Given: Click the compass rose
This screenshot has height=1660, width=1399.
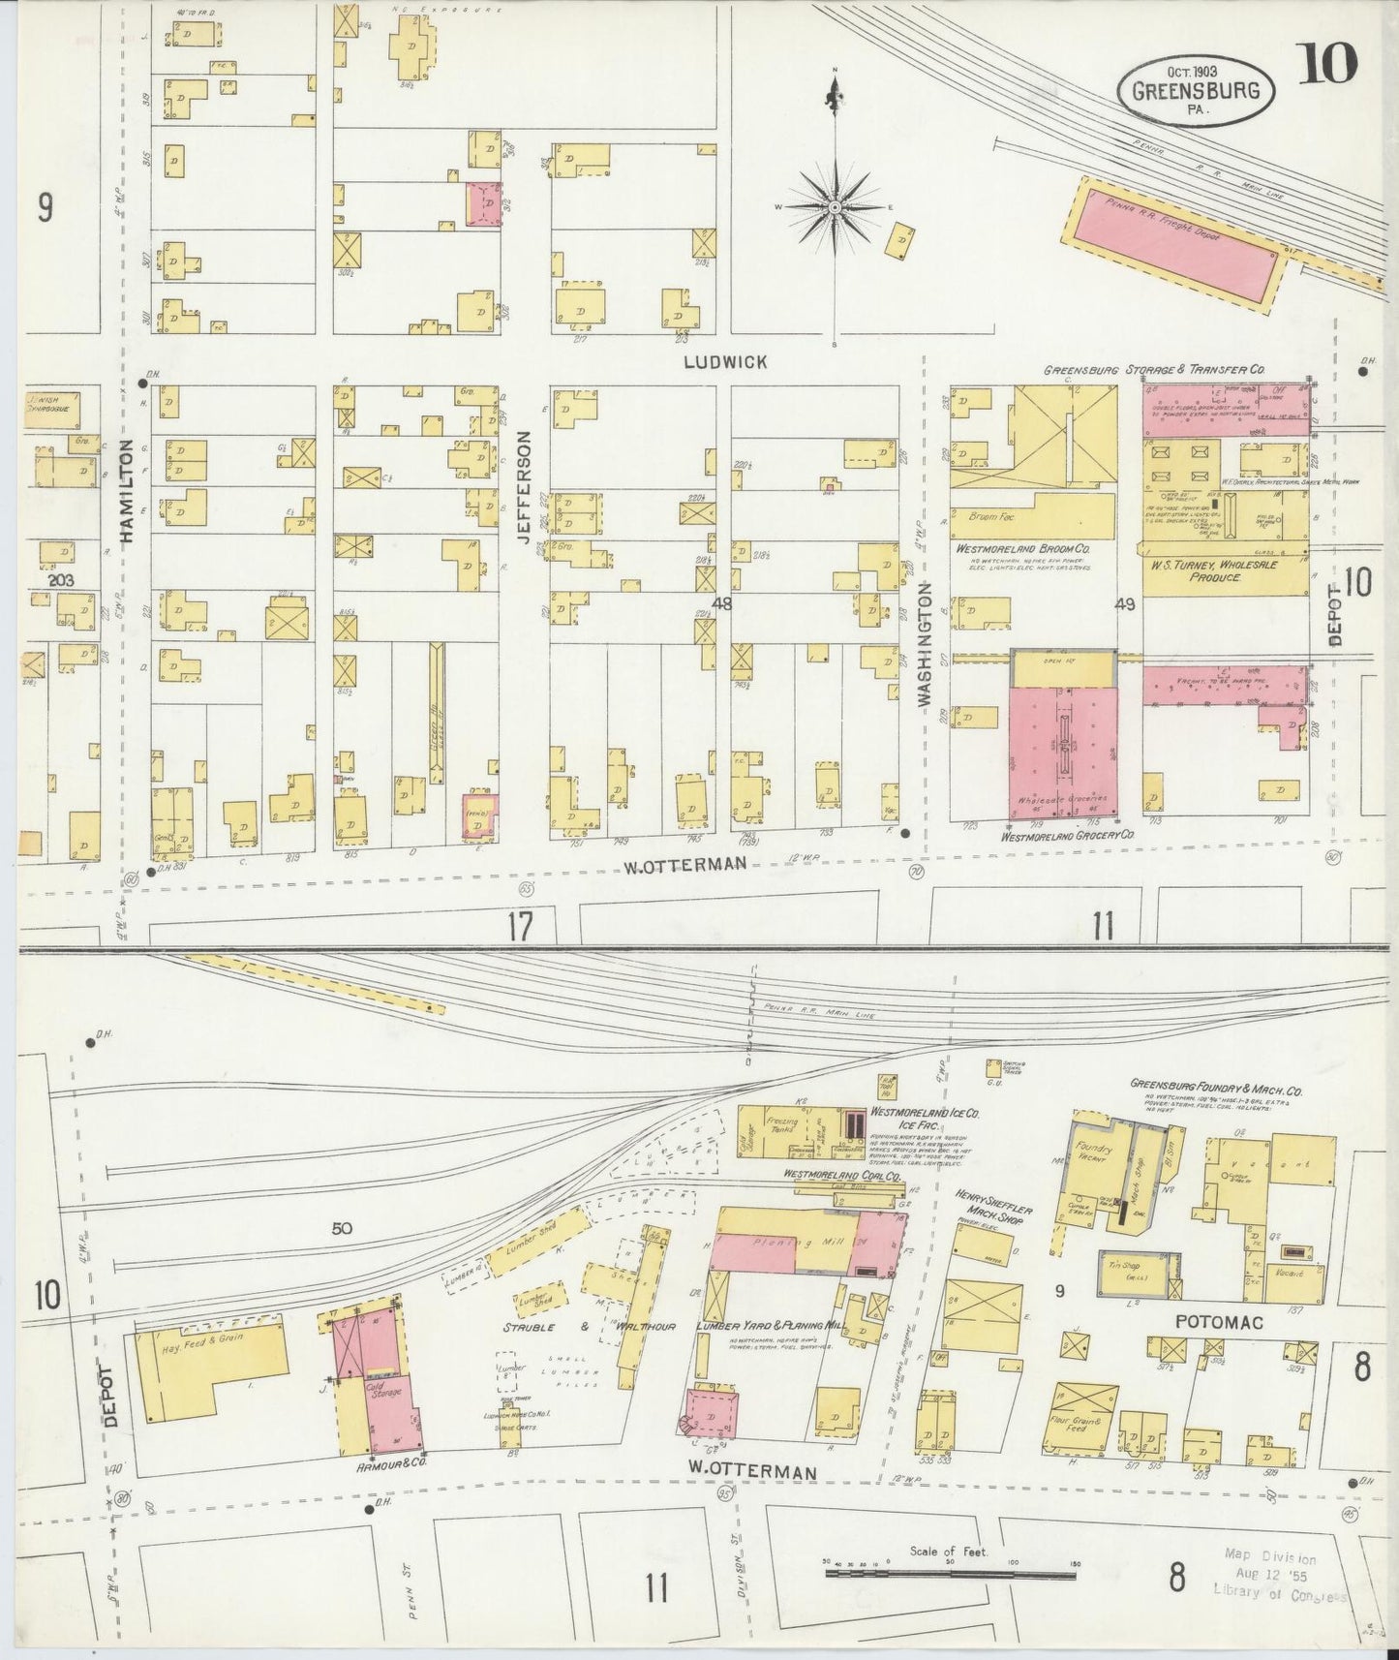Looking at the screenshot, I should [835, 207].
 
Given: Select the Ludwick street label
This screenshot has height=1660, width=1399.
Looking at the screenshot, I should [724, 361].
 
